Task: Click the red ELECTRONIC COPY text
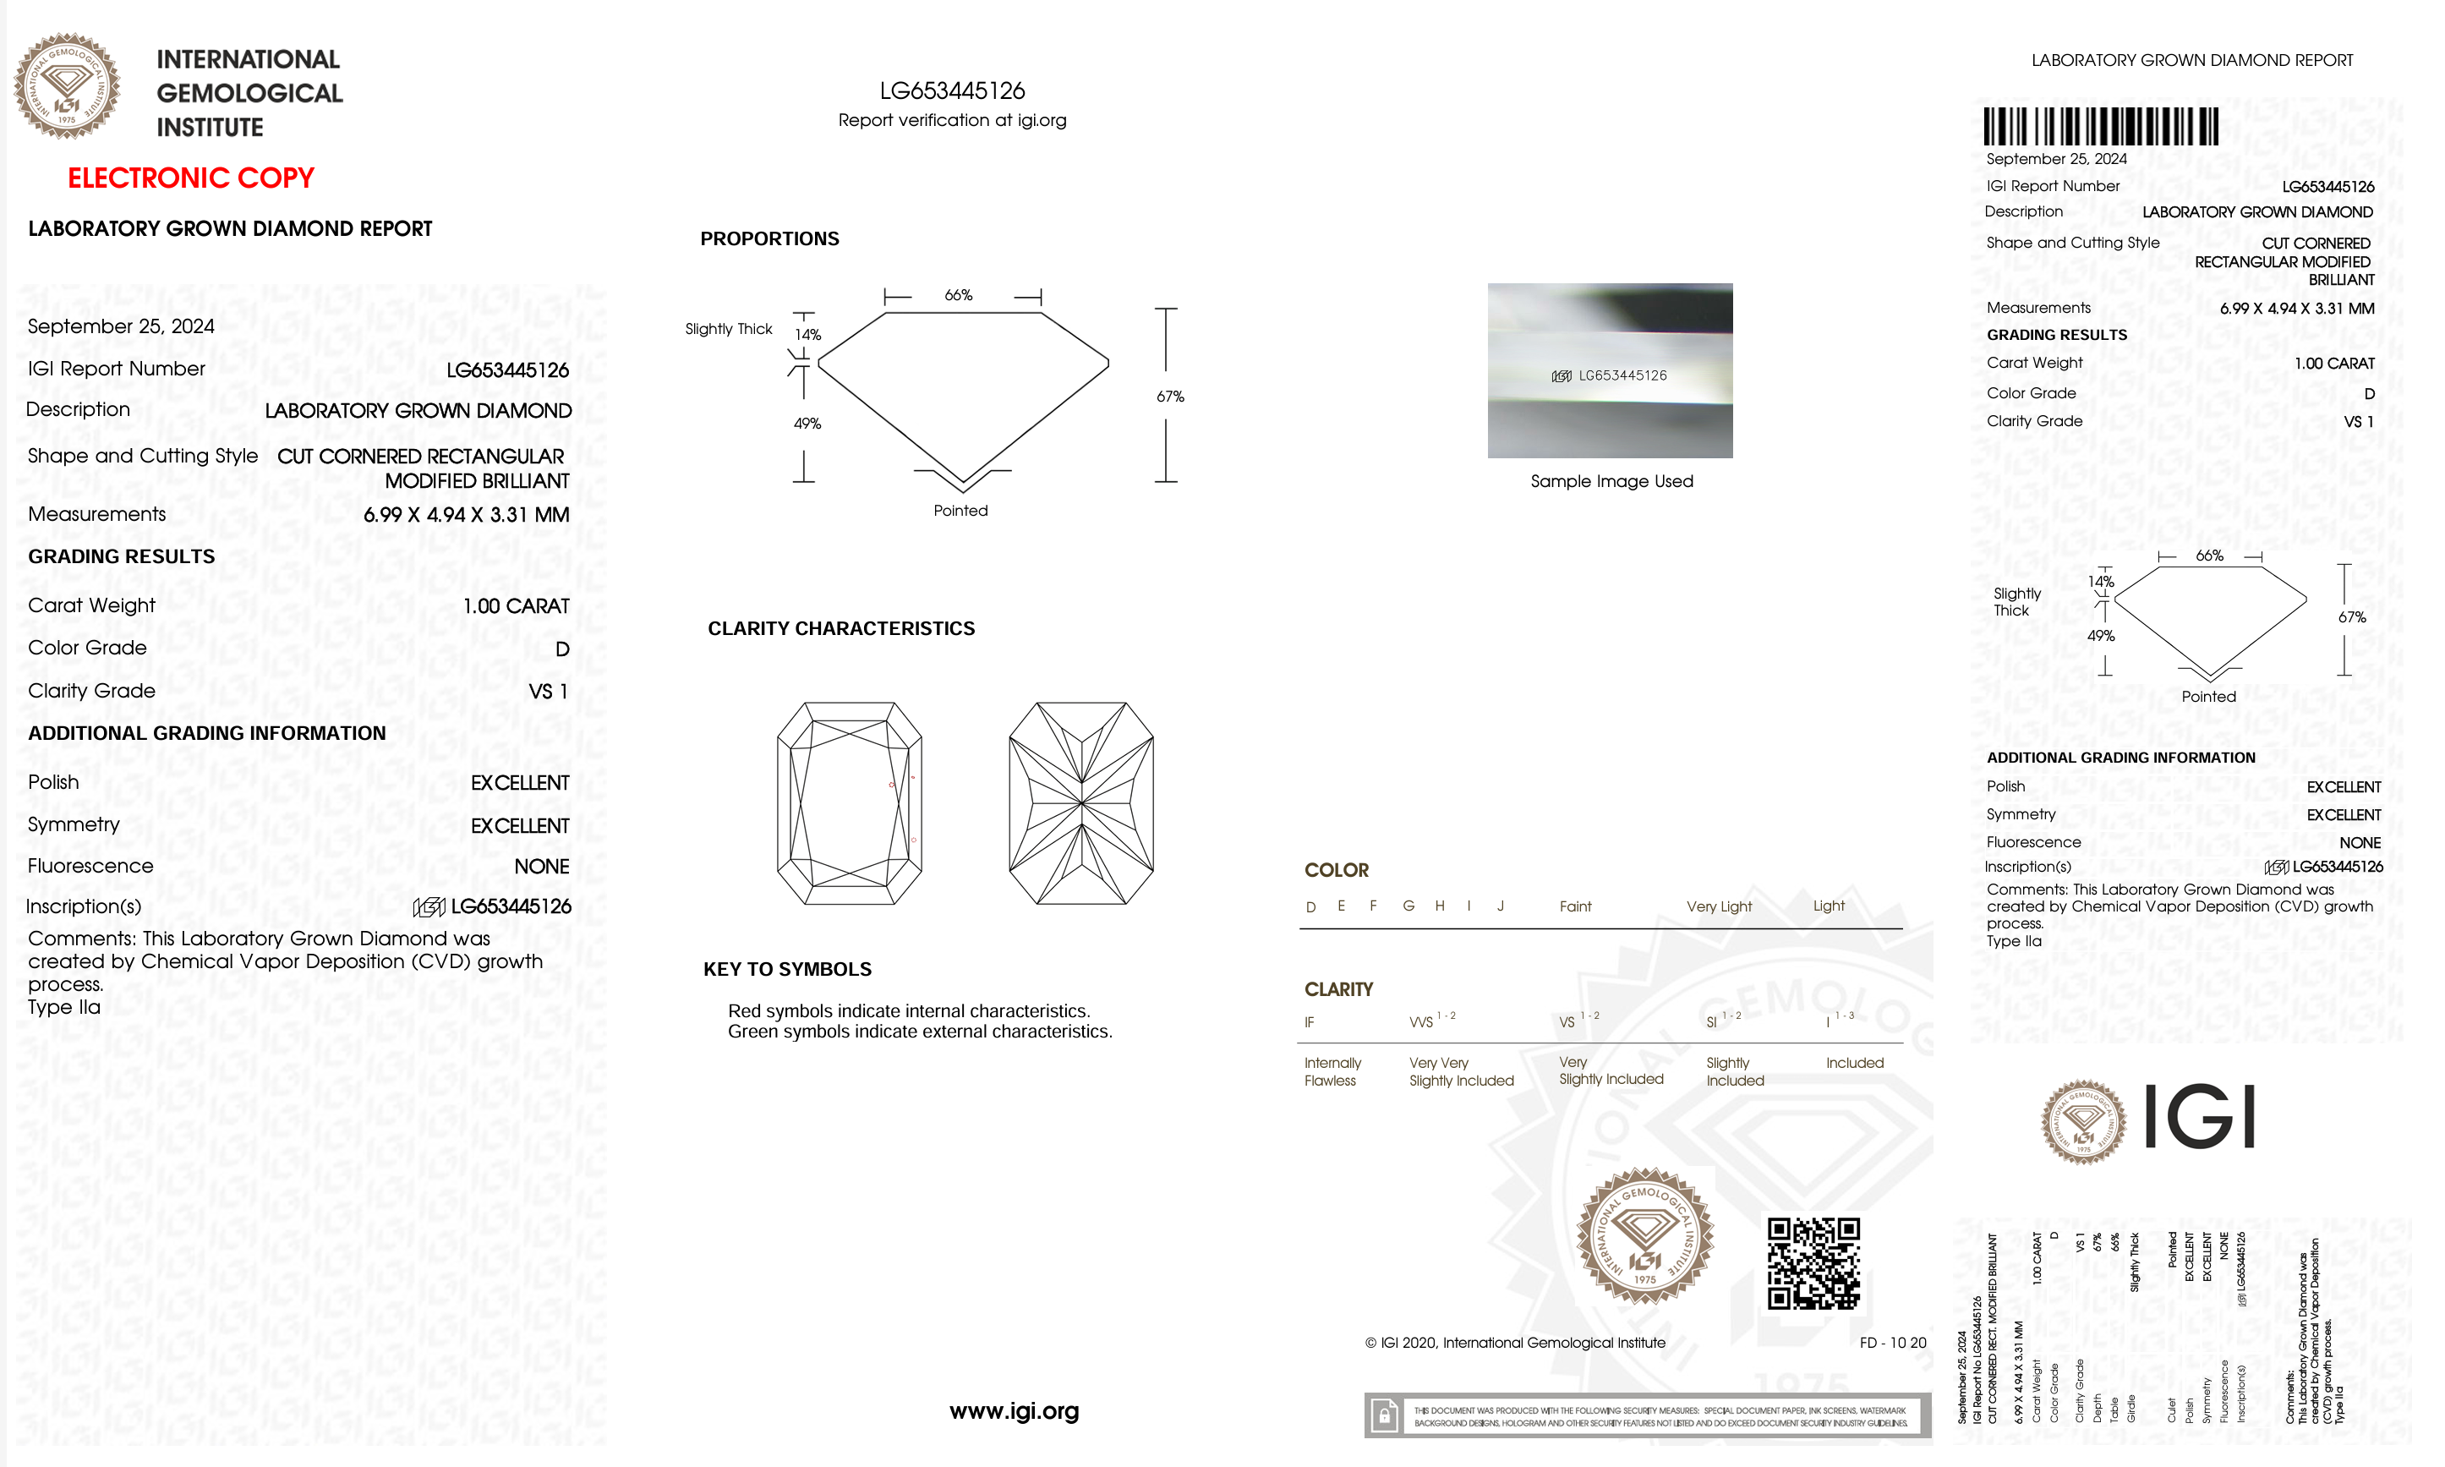[x=191, y=178]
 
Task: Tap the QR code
[x=1813, y=1262]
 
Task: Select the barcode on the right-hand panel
[x=2100, y=127]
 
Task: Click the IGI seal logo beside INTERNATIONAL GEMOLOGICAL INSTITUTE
[x=66, y=85]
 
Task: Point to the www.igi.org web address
[x=1014, y=1410]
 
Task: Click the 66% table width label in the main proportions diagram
[x=958, y=294]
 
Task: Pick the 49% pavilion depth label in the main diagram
[x=807, y=423]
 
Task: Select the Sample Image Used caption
[x=1611, y=481]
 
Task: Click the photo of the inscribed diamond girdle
[x=1609, y=370]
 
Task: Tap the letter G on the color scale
[x=1408, y=906]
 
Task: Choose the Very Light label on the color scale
[x=1719, y=906]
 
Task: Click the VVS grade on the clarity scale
[x=1421, y=1022]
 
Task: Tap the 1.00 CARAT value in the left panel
[x=516, y=606]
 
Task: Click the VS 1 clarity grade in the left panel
[x=549, y=691]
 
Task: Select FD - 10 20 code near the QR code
[x=1891, y=1343]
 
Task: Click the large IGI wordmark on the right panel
[x=2200, y=1117]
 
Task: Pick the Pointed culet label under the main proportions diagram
[x=960, y=510]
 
